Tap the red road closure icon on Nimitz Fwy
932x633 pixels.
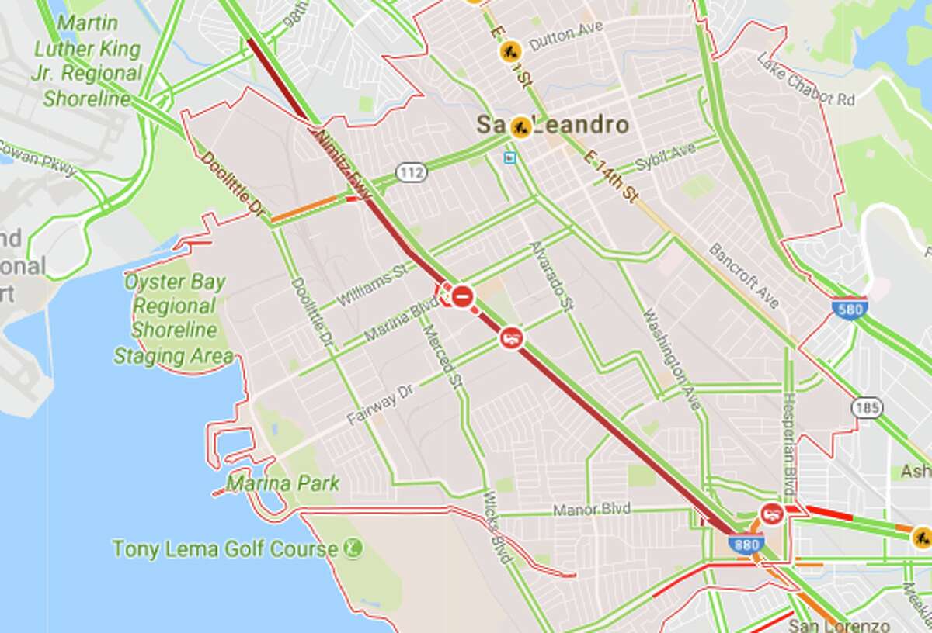point(463,296)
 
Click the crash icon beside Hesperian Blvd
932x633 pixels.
point(771,513)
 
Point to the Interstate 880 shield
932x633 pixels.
point(746,545)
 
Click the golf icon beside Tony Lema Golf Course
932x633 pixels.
point(353,549)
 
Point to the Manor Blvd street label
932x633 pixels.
point(591,510)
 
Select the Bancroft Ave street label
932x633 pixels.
point(743,275)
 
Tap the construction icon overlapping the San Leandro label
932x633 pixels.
point(521,126)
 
